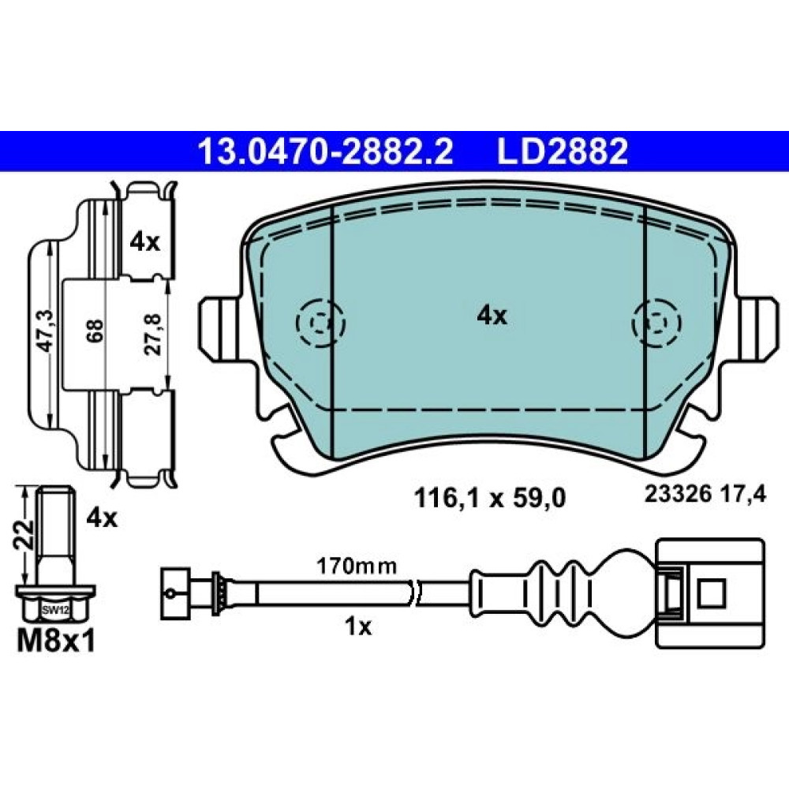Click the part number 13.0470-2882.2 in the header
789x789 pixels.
[326, 151]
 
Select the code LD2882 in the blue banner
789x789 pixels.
[563, 151]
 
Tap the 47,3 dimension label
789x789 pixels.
[46, 330]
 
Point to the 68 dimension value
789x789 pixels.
[95, 330]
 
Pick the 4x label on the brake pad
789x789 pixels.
[492, 316]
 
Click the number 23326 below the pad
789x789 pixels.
[679, 495]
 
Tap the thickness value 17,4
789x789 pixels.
[742, 495]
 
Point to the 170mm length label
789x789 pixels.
[357, 567]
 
